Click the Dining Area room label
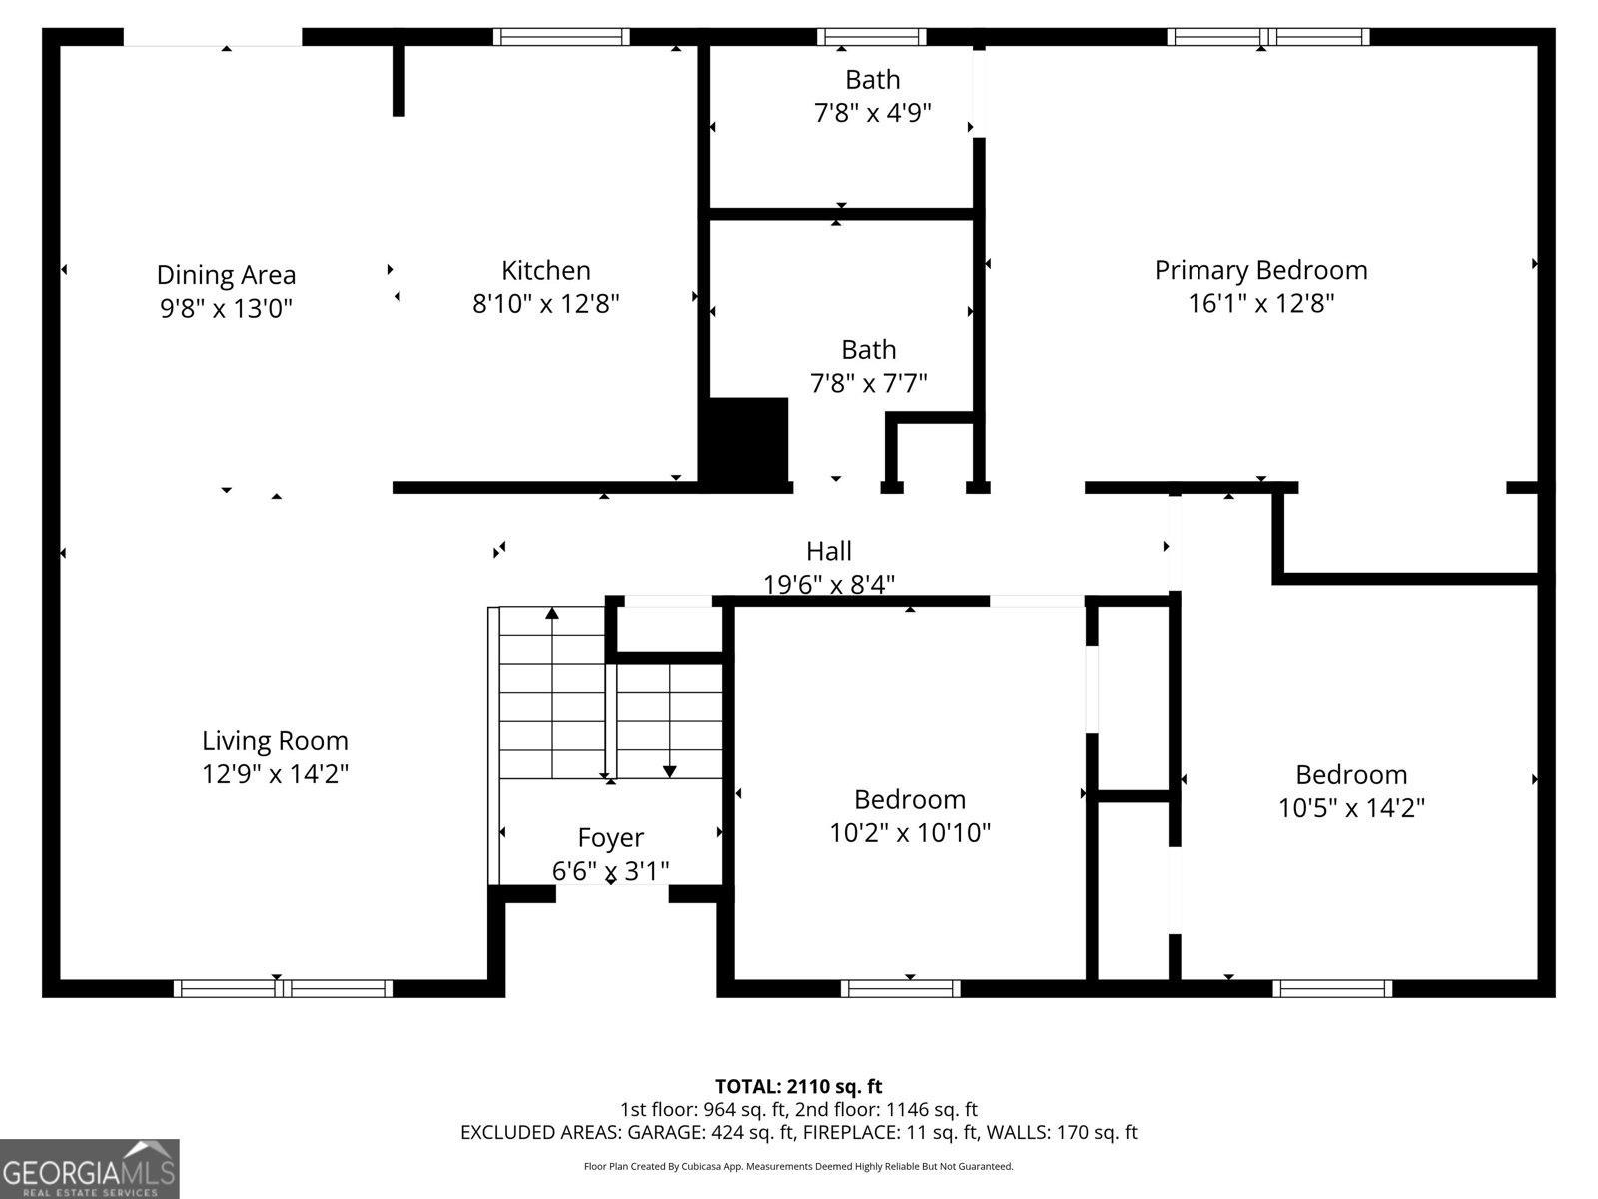point(226,275)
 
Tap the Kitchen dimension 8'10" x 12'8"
point(546,303)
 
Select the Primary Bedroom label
point(1260,270)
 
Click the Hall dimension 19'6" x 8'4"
point(829,584)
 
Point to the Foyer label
point(610,837)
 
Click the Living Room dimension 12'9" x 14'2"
point(275,773)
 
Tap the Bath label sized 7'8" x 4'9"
point(872,80)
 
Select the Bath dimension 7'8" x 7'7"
point(868,383)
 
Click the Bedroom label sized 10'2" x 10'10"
point(909,799)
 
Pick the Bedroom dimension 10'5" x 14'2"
point(1351,807)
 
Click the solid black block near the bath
point(748,440)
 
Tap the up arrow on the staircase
point(552,613)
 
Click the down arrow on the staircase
point(669,770)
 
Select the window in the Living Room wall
point(283,988)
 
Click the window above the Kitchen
point(561,37)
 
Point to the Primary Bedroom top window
point(1267,37)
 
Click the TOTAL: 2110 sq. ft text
point(798,1086)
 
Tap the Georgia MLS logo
point(89,1168)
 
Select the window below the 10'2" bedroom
point(900,988)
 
